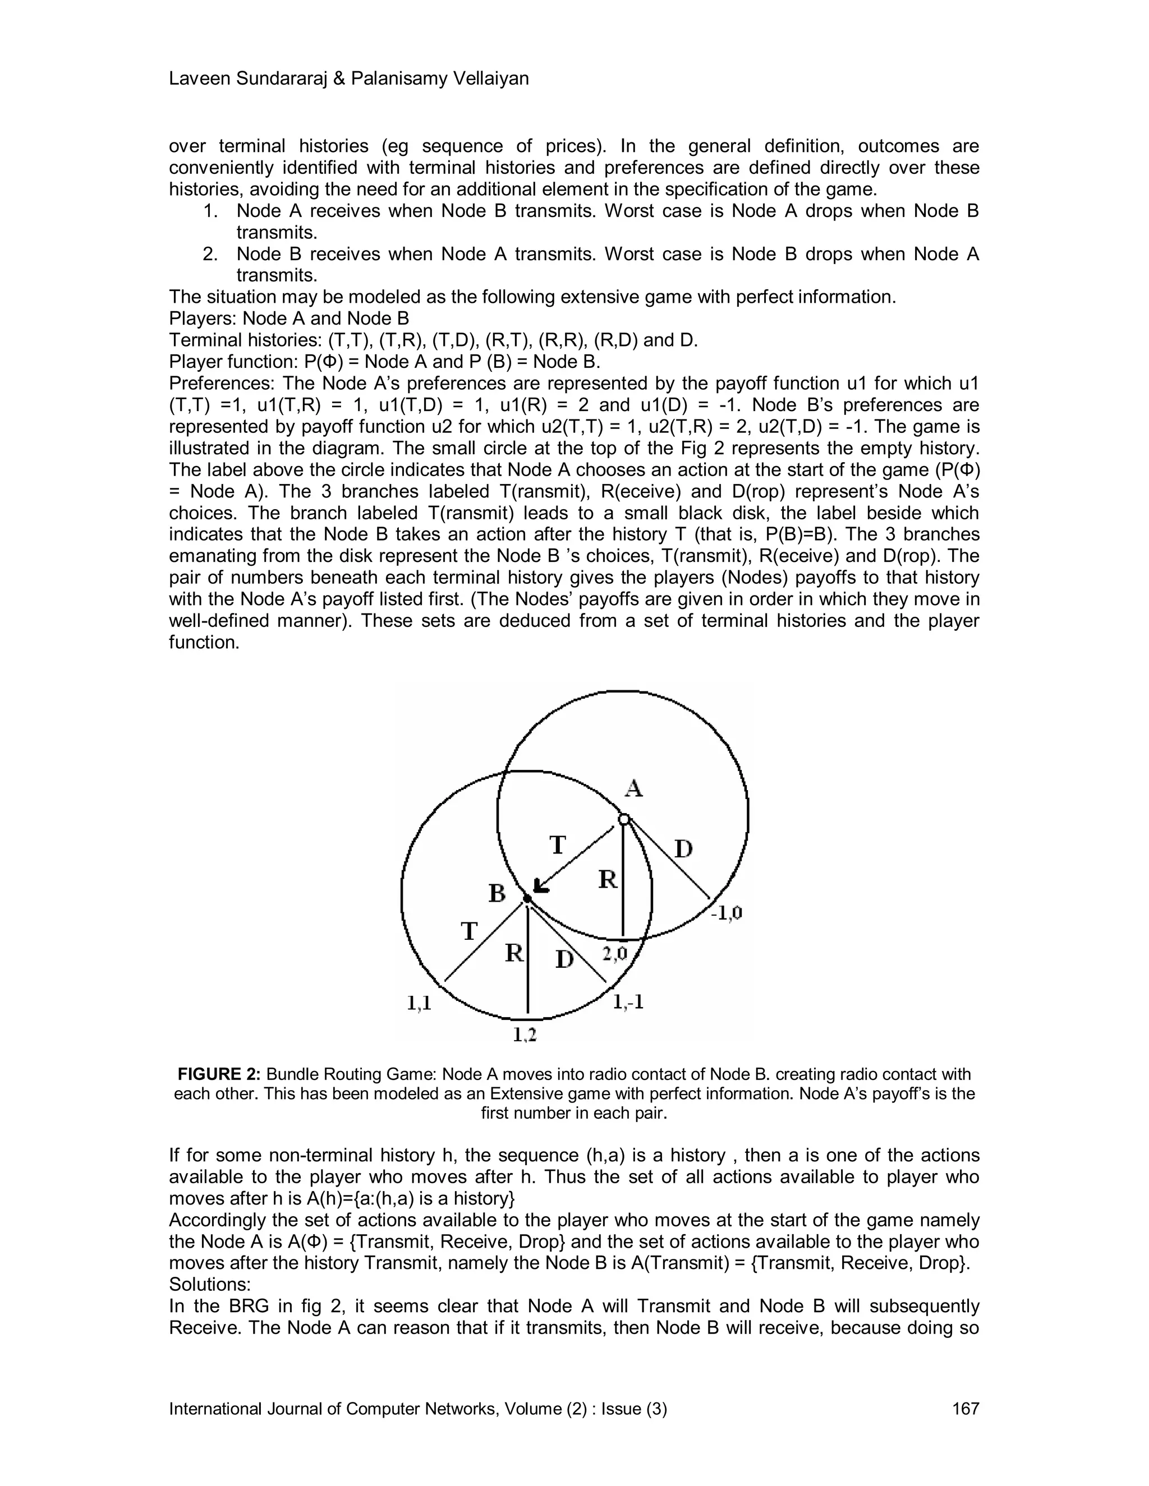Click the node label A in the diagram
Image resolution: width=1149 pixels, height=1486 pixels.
click(634, 788)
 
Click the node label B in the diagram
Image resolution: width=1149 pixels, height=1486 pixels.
click(498, 893)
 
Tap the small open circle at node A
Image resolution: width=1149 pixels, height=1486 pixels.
click(623, 819)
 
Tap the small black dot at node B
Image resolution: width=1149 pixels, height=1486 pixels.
click(527, 899)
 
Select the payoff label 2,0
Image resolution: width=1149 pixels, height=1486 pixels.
click(615, 954)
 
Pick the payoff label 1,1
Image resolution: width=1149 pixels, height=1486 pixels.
click(419, 1003)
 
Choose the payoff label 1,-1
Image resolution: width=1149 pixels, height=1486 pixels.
click(628, 1002)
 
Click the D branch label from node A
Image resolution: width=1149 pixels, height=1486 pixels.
click(683, 849)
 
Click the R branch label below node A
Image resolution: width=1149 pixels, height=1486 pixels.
click(608, 880)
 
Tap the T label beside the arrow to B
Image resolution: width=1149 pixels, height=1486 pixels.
click(558, 845)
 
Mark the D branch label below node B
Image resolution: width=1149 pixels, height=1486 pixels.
click(565, 959)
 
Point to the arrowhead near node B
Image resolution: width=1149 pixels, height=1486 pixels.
click(541, 885)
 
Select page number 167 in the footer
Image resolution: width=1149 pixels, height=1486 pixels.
click(965, 1409)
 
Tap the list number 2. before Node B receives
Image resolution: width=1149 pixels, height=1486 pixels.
click(210, 255)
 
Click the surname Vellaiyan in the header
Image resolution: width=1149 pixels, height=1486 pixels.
click(492, 79)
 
